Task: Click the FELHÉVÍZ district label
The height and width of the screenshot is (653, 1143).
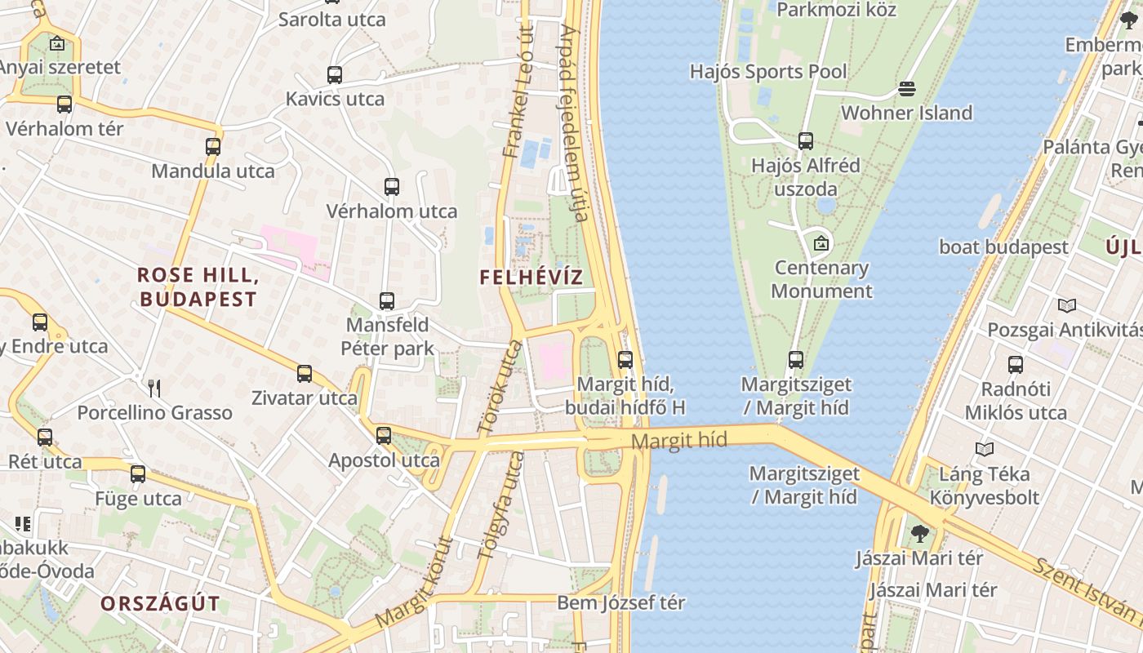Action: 531,277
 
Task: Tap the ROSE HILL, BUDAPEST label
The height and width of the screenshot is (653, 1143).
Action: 198,287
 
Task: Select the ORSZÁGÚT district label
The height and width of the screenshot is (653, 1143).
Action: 161,603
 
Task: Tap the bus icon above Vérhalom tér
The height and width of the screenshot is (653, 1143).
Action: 64,104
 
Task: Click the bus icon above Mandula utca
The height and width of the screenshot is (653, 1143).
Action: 213,147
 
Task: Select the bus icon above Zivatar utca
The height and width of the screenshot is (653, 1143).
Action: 305,374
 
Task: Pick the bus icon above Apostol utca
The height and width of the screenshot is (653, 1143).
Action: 384,436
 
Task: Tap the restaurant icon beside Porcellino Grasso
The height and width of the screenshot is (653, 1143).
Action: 154,389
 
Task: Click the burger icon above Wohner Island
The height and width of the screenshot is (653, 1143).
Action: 907,88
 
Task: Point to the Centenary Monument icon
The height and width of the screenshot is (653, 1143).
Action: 821,243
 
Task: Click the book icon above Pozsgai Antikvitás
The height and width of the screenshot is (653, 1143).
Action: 1066,306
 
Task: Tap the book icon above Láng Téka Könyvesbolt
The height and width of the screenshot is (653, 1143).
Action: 985,449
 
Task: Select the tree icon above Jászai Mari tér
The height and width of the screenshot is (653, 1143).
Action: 920,534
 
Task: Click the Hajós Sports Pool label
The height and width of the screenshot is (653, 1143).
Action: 768,72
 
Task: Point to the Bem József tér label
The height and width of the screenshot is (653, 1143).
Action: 620,603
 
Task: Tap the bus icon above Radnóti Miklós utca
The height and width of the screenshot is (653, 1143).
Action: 1016,365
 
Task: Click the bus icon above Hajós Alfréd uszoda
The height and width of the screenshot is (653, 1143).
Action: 806,141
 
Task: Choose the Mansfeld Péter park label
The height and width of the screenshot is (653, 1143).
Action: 386,337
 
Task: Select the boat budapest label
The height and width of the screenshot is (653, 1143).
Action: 1003,247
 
